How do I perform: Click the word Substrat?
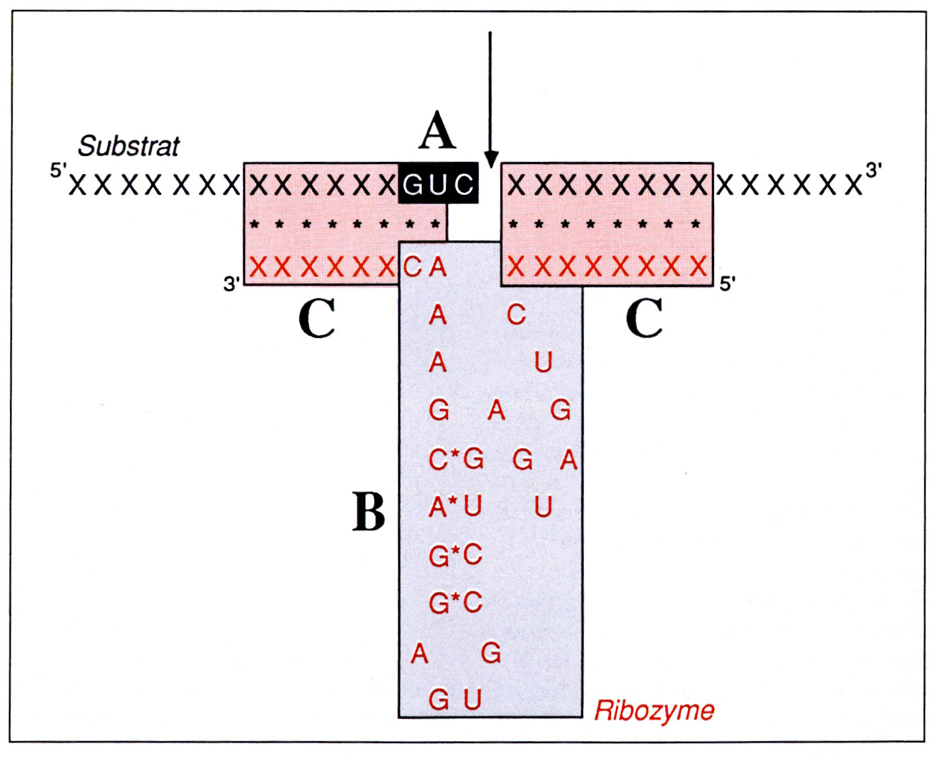129,146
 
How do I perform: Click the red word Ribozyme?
654,711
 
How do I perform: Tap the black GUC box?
438,183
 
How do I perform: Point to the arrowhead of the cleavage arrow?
491,159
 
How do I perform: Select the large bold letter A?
437,130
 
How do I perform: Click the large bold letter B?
369,511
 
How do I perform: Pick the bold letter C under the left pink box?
317,318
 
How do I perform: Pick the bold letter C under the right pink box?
644,318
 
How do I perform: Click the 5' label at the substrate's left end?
58,170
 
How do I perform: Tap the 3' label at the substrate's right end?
873,170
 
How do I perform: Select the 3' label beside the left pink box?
231,284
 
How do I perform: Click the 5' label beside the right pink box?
728,284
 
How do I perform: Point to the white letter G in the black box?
413,185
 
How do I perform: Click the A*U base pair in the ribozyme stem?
455,507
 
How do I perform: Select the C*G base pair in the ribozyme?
456,460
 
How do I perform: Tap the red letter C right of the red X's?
412,267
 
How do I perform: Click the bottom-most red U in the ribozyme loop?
472,698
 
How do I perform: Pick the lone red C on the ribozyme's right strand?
517,314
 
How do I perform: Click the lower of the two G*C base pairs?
456,602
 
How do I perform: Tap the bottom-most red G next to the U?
439,699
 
